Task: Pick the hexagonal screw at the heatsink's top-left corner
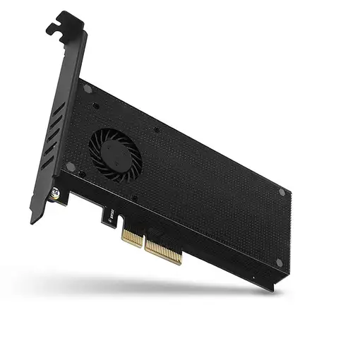coord(88,89)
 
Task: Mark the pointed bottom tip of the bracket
coord(32,221)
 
